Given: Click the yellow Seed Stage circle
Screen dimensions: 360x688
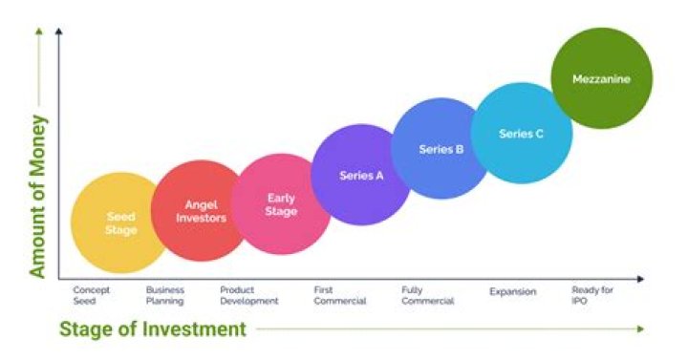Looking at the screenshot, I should pyautogui.click(x=118, y=222).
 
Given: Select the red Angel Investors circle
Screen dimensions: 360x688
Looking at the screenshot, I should pyautogui.click(x=200, y=211).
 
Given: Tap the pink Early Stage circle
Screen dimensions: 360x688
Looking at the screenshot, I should pyautogui.click(x=282, y=204).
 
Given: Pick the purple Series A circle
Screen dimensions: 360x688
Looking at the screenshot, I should pyautogui.click(x=361, y=175).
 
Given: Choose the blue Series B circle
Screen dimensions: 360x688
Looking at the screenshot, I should pyautogui.click(x=441, y=148).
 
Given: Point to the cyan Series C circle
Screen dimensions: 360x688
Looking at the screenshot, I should pyautogui.click(x=522, y=133).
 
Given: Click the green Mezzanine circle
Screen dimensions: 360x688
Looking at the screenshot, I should pyautogui.click(x=602, y=79).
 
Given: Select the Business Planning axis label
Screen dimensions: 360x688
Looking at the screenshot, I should pyautogui.click(x=164, y=295).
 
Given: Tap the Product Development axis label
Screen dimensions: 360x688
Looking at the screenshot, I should pyautogui.click(x=248, y=295).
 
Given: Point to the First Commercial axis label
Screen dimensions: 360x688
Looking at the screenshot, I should pyautogui.click(x=340, y=295).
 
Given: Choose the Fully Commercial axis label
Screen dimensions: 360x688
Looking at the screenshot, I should pyautogui.click(x=427, y=295).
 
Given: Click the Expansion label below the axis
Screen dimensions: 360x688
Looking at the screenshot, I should pyautogui.click(x=512, y=291).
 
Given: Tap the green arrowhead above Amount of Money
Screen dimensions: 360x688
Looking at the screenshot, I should pyautogui.click(x=38, y=31).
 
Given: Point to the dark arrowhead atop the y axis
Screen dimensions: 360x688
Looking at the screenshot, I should pyautogui.click(x=59, y=32).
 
